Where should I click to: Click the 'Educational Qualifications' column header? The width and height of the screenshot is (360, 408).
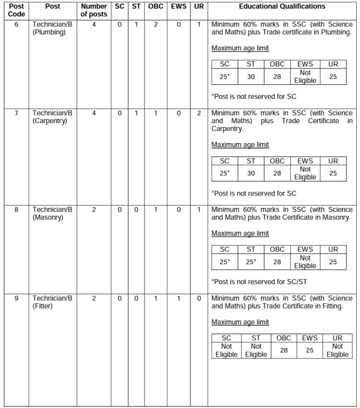tap(282, 6)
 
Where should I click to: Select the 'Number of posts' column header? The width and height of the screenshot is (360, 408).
tap(94, 10)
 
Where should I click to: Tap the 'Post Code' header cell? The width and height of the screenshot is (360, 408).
tap(16, 10)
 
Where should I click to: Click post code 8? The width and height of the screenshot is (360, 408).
tap(16, 210)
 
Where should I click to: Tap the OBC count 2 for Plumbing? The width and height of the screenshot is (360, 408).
tap(156, 24)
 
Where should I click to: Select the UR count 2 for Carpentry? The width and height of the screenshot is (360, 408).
tap(199, 113)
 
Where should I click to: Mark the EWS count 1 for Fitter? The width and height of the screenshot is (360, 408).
tap(178, 298)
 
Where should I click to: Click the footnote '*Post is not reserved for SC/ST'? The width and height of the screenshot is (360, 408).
tap(259, 282)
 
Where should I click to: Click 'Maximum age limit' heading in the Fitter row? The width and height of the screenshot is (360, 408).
tap(240, 322)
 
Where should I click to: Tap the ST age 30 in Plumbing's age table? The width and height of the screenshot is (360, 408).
tap(251, 76)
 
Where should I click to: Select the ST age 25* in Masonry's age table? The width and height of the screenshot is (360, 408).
tap(251, 262)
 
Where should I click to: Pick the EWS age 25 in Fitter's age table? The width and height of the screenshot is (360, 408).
tap(309, 350)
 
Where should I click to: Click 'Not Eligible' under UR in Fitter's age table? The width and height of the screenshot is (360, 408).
tap(337, 350)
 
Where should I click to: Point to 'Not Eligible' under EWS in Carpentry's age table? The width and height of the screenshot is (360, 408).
tap(305, 173)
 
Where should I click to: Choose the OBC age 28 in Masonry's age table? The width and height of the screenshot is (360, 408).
tap(277, 262)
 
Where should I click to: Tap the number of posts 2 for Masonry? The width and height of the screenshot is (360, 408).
tap(94, 210)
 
